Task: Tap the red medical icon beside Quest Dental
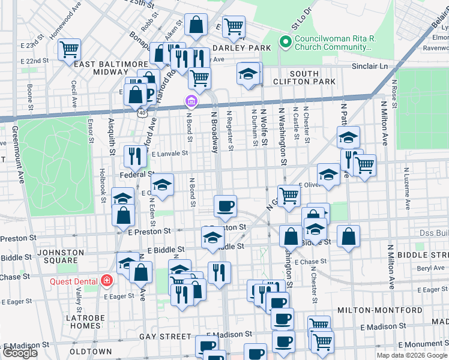coord(106,280)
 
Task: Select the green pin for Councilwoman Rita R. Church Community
coord(285,43)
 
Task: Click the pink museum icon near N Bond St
coord(191,101)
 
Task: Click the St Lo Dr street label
coord(301,19)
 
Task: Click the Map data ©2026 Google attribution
coord(412,355)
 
